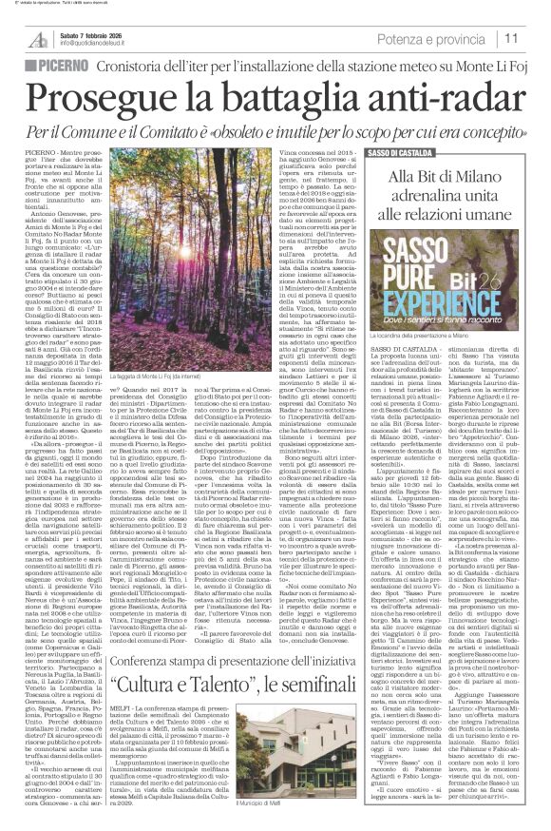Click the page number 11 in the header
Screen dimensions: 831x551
(536, 37)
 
